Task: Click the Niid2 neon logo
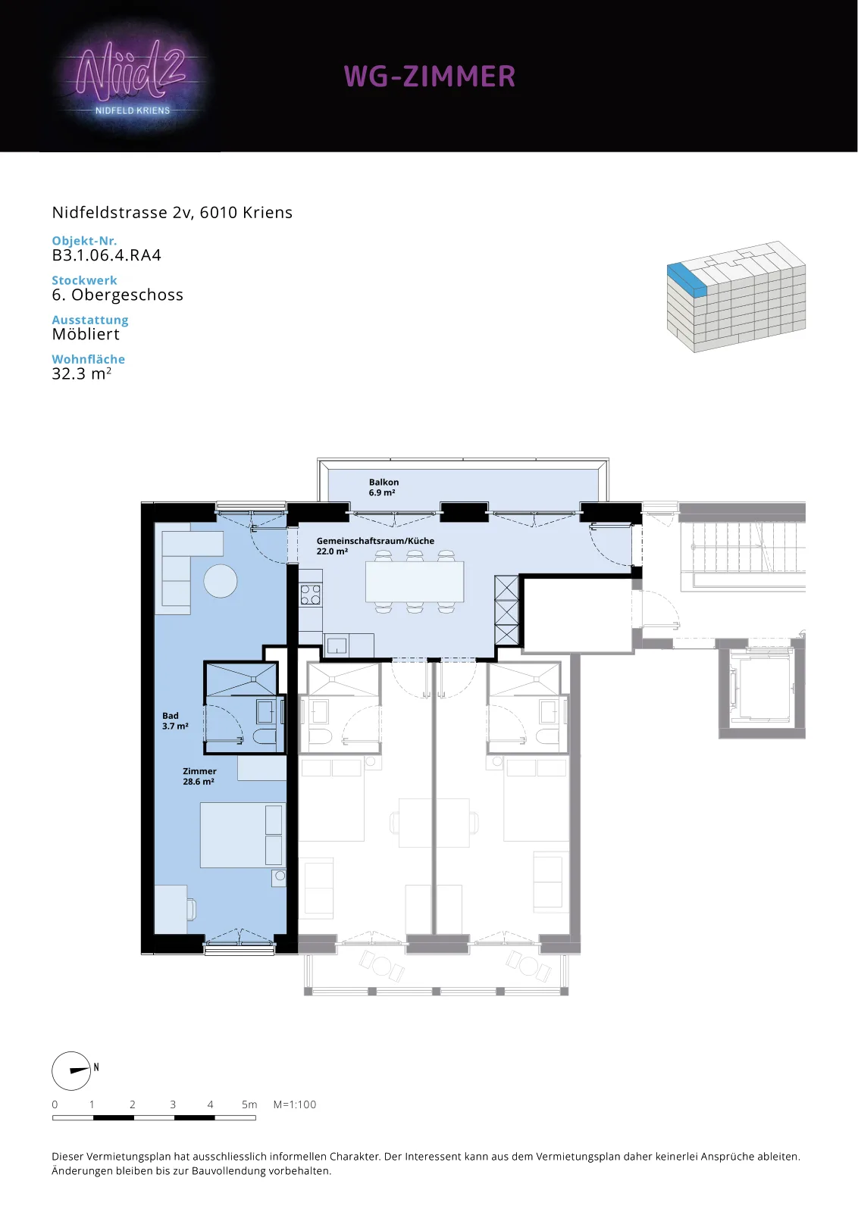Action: pyautogui.click(x=132, y=80)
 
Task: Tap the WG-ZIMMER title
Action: pyautogui.click(x=429, y=77)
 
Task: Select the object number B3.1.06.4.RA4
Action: pyautogui.click(x=107, y=255)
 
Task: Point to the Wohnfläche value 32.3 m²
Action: pyautogui.click(x=82, y=373)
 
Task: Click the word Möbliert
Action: pyautogui.click(x=86, y=334)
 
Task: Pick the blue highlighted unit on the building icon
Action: pyautogui.click(x=687, y=280)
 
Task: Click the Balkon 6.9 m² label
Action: pyautogui.click(x=384, y=487)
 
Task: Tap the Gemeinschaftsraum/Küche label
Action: pyautogui.click(x=375, y=545)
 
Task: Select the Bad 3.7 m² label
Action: pyautogui.click(x=175, y=720)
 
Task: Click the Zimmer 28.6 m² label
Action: pyautogui.click(x=199, y=776)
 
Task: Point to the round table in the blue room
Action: pyautogui.click(x=221, y=580)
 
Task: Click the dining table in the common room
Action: pyautogui.click(x=415, y=582)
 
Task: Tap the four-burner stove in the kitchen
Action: pyautogui.click(x=311, y=595)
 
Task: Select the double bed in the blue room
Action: pyautogui.click(x=242, y=836)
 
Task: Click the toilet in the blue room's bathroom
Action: pyautogui.click(x=265, y=737)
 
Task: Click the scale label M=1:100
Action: pyautogui.click(x=295, y=1104)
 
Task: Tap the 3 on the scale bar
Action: pyautogui.click(x=173, y=1104)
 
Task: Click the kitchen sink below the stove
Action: pyautogui.click(x=337, y=645)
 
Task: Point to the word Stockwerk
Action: pyautogui.click(x=84, y=280)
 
